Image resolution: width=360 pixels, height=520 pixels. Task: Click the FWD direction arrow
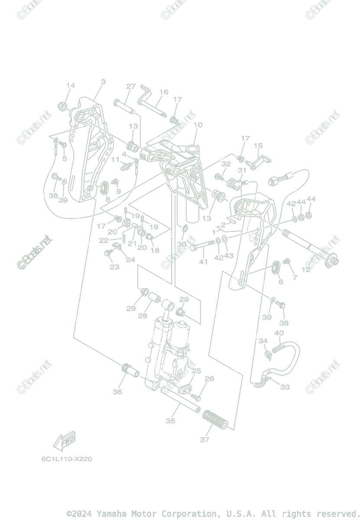[64, 441]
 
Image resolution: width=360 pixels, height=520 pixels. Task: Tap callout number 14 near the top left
[70, 85]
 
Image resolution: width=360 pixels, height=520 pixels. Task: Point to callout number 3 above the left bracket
[103, 81]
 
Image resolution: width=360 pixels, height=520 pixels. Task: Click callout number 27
[131, 86]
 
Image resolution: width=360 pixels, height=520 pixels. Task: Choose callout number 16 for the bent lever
[163, 92]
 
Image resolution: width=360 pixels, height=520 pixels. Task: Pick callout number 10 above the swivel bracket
[198, 125]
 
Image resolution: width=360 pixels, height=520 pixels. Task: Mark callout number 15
[258, 146]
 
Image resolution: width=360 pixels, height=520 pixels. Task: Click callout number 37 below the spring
[204, 439]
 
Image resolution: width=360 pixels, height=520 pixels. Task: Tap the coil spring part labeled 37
[215, 419]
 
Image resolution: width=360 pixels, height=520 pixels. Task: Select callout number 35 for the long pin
[170, 420]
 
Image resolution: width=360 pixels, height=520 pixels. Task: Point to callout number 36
[117, 392]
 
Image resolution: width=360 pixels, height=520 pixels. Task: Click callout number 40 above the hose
[279, 333]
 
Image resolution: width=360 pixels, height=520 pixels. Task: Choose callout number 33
[284, 387]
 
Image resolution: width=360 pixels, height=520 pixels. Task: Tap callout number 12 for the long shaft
[306, 269]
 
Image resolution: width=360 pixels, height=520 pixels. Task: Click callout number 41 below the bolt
[204, 262]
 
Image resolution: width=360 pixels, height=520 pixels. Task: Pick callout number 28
[143, 316]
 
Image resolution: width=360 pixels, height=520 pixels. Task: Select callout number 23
[114, 267]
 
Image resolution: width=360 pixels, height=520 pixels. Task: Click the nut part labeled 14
[62, 105]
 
